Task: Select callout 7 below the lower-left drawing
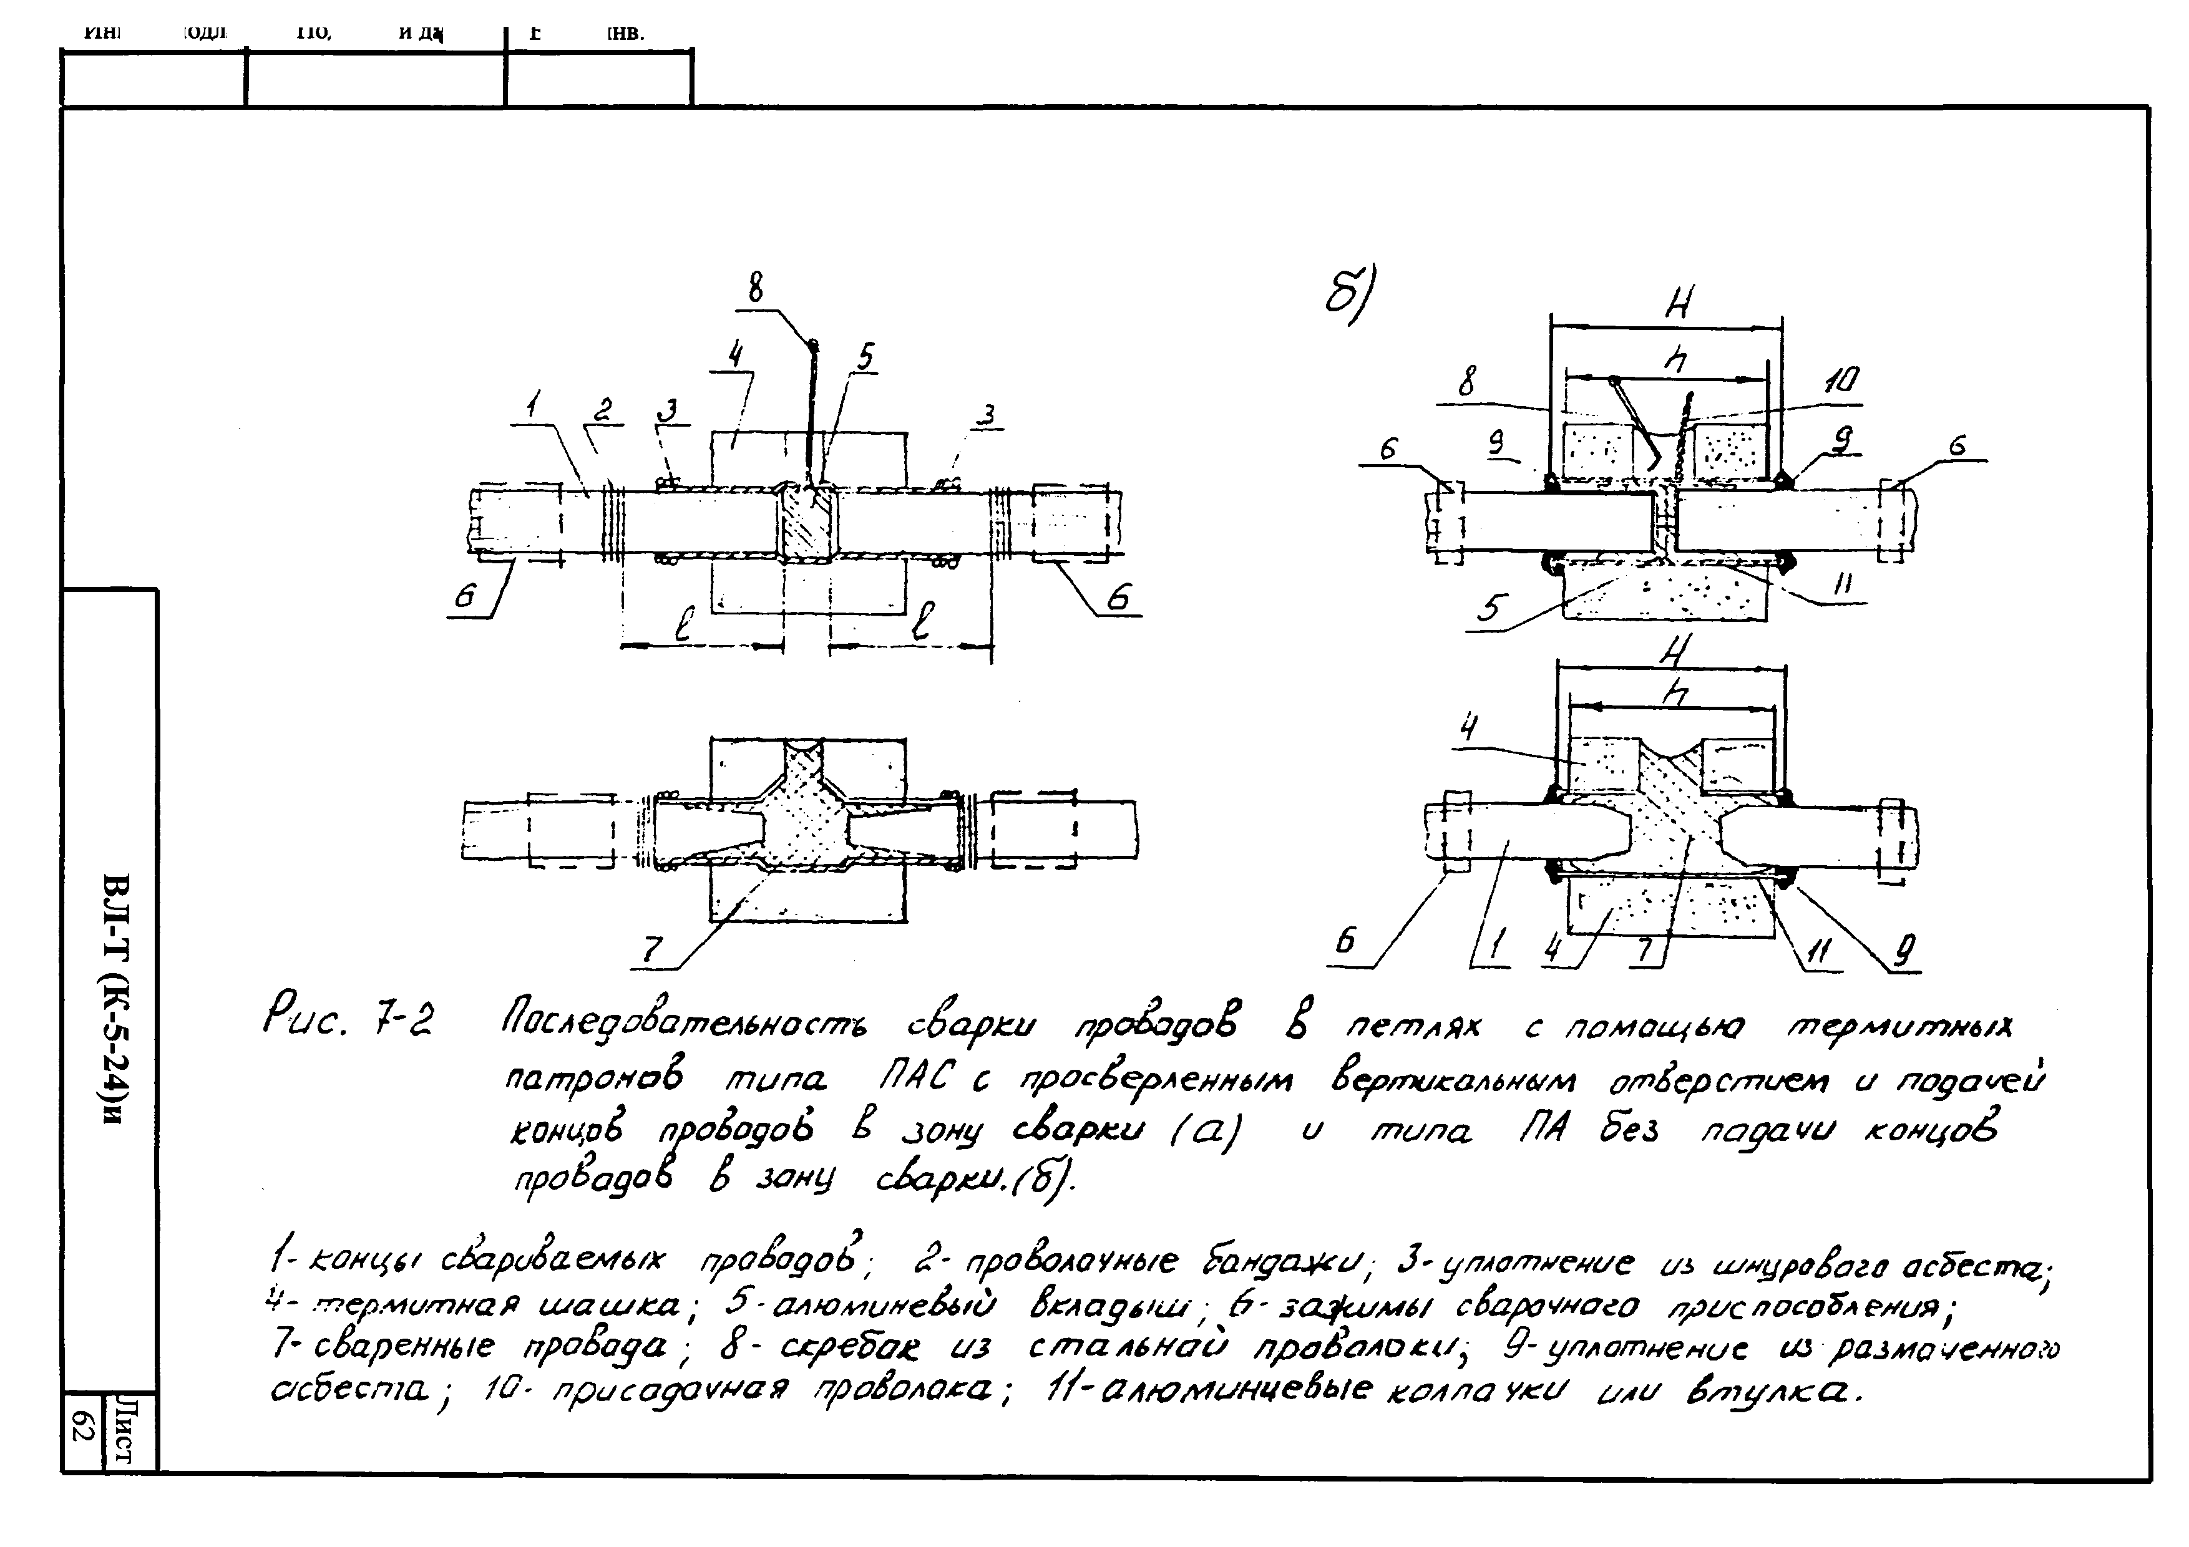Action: tap(651, 948)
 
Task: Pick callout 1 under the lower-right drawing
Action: tap(1498, 946)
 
